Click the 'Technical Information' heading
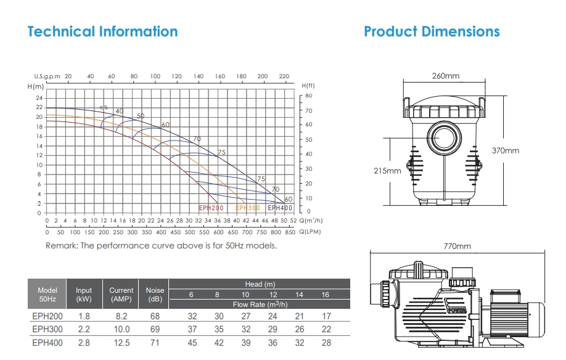[102, 31]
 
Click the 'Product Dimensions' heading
[432, 31]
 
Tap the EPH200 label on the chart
[211, 208]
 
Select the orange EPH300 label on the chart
[248, 208]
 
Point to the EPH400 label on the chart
[280, 208]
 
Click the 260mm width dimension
[446, 76]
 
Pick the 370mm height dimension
[506, 150]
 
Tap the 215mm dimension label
[387, 171]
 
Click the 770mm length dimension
[457, 247]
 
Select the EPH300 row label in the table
[47, 329]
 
